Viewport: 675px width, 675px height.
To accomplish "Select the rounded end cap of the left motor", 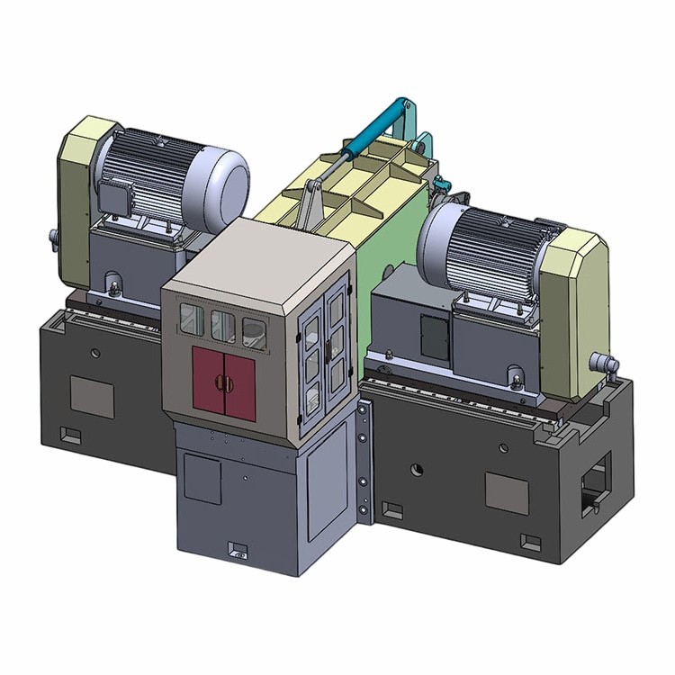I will [x=220, y=179].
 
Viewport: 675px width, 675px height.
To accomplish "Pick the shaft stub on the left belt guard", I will [x=53, y=239].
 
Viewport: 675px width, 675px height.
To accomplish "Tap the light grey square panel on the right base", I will [x=507, y=491].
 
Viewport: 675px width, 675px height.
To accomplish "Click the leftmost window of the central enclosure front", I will [x=191, y=317].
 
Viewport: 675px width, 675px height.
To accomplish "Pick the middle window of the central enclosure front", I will [x=221, y=324].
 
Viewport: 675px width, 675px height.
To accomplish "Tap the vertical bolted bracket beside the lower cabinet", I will [x=364, y=459].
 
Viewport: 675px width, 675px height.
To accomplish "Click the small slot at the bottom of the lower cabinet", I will [x=239, y=548].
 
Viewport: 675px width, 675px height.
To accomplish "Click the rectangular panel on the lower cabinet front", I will [x=202, y=477].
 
